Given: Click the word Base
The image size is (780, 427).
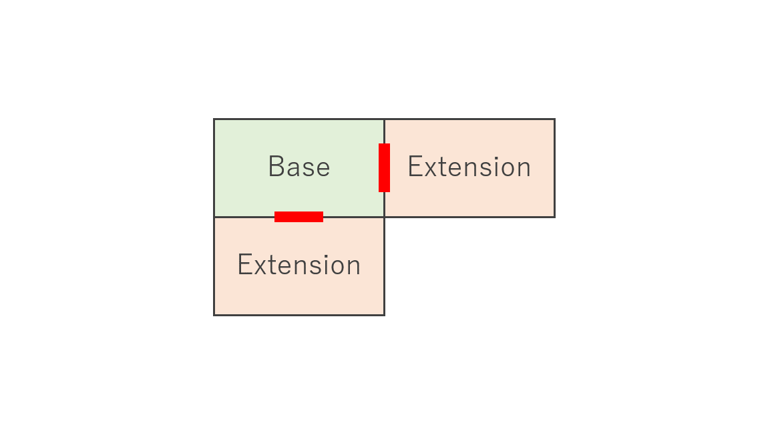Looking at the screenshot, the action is [299, 167].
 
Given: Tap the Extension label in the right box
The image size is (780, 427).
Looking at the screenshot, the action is [469, 167].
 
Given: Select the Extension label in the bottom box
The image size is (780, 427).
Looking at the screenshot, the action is [299, 264].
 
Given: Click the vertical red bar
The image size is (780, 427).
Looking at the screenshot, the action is [384, 167].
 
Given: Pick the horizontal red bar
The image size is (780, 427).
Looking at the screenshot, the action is [299, 217].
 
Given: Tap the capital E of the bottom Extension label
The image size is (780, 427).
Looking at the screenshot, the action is [244, 264].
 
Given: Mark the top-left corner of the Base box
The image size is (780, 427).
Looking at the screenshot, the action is [214, 119].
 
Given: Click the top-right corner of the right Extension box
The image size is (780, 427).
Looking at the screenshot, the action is [555, 119].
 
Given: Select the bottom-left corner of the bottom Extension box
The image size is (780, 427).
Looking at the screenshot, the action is [214, 315].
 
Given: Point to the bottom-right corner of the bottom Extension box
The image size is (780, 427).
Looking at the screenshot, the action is [385, 315].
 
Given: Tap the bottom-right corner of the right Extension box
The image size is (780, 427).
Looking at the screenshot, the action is [555, 217].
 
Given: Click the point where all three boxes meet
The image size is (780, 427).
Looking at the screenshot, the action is [385, 217].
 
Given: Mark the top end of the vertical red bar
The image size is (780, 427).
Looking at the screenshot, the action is [384, 143].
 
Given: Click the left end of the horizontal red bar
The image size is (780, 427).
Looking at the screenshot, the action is [274, 217].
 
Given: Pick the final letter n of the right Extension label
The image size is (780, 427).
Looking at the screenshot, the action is [524, 169].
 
